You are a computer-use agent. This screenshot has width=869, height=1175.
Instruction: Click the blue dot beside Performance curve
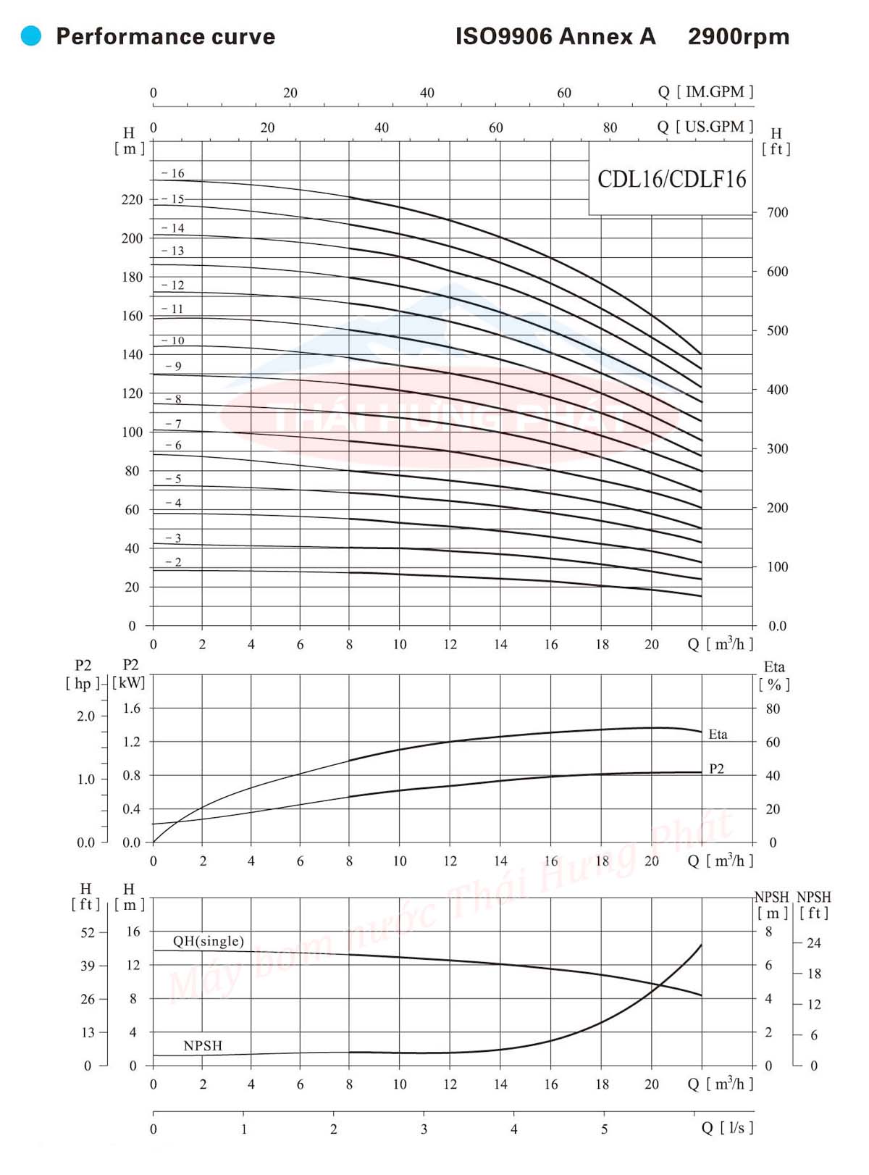(x=31, y=35)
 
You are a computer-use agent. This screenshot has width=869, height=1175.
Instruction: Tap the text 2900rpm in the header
(x=738, y=36)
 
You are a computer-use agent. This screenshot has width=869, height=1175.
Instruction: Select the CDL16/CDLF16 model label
(x=671, y=179)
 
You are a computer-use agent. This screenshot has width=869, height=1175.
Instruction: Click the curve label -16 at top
(x=174, y=173)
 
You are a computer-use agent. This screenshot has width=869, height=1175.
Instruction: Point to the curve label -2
(x=174, y=562)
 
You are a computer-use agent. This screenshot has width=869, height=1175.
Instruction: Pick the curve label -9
(x=174, y=366)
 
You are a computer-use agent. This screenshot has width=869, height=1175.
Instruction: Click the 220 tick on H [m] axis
(x=132, y=199)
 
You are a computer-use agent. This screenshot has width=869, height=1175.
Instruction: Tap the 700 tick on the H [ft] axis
(x=777, y=212)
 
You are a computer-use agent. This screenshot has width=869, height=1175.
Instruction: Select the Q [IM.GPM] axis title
(x=705, y=91)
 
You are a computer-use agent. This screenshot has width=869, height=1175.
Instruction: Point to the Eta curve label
(x=718, y=734)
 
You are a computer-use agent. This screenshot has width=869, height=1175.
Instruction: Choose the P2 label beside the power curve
(x=716, y=769)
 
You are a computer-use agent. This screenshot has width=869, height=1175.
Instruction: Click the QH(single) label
(x=208, y=941)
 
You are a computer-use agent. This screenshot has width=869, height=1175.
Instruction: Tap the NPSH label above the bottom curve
(x=203, y=1045)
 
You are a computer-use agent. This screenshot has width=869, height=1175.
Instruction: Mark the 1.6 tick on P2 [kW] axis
(x=131, y=708)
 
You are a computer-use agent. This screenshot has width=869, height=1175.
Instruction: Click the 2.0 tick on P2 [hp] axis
(x=85, y=716)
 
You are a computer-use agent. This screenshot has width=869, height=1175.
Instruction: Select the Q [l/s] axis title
(x=727, y=1127)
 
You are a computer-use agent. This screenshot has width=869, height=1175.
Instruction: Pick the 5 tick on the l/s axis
(x=604, y=1129)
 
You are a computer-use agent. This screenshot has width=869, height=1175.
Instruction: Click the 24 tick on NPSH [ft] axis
(x=814, y=942)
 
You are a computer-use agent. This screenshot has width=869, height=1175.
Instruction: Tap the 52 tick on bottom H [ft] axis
(x=88, y=932)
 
